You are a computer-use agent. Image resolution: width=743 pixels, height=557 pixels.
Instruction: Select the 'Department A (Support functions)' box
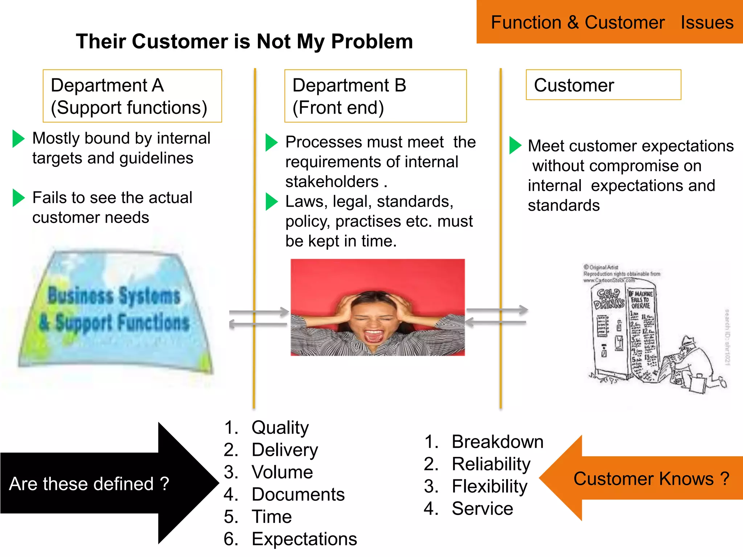pyautogui.click(x=132, y=96)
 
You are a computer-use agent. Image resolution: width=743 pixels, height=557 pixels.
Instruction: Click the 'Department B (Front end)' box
pyautogui.click(x=375, y=96)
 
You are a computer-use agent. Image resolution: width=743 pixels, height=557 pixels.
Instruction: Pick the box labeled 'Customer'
pyautogui.click(x=603, y=85)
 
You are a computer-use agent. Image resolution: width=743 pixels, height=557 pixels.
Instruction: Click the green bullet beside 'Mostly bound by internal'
pyautogui.click(x=18, y=139)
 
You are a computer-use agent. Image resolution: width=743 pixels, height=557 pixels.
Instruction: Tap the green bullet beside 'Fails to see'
pyautogui.click(x=18, y=198)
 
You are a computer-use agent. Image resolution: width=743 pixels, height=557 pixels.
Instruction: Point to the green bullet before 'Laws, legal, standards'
pyautogui.click(x=271, y=202)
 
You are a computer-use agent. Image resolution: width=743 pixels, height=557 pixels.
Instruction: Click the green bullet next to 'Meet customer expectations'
pyautogui.click(x=515, y=145)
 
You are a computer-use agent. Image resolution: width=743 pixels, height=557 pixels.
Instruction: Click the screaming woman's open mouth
pyautogui.click(x=374, y=335)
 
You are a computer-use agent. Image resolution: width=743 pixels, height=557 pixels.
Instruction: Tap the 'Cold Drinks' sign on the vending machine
pyautogui.click(x=608, y=298)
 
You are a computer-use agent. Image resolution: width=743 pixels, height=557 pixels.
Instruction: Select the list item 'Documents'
pyautogui.click(x=298, y=494)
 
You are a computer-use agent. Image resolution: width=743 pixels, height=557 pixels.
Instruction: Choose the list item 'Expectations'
pyautogui.click(x=304, y=539)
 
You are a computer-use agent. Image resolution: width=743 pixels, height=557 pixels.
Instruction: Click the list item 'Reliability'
pyautogui.click(x=491, y=464)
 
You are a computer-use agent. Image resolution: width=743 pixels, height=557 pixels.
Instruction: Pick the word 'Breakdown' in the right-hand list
pyautogui.click(x=497, y=442)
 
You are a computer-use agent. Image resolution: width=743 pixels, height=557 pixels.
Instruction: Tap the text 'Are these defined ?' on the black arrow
pyautogui.click(x=89, y=484)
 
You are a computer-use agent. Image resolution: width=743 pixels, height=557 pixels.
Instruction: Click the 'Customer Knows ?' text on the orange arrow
pyautogui.click(x=651, y=479)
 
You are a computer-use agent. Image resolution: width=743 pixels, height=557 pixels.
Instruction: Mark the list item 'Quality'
pyautogui.click(x=280, y=428)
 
